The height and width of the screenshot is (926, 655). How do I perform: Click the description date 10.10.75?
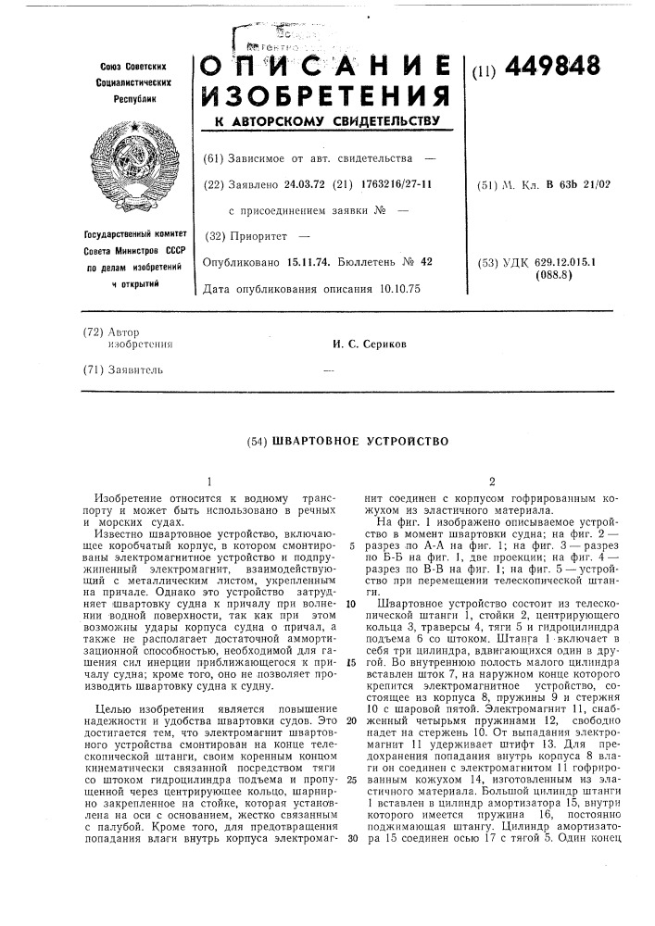[x=399, y=288]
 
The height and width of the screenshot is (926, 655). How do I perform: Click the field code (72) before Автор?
[x=91, y=331]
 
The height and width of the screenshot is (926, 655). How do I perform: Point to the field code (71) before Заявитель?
[x=91, y=369]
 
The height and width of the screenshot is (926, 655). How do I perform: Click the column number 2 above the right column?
[x=492, y=482]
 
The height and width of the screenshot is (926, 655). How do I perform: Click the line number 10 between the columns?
[x=353, y=602]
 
